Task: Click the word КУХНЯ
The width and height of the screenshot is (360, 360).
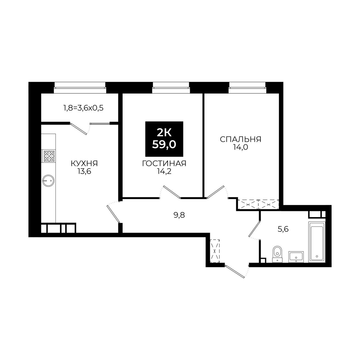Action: click(x=84, y=163)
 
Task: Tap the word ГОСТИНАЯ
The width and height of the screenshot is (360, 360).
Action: click(x=164, y=163)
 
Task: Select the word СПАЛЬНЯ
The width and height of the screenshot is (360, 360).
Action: click(x=240, y=139)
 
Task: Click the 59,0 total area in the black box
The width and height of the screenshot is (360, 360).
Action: click(x=164, y=145)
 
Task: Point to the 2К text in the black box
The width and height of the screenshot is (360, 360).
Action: click(x=164, y=133)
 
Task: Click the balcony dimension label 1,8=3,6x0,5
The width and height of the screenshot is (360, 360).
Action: click(x=84, y=108)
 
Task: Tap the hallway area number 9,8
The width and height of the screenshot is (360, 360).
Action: click(x=179, y=215)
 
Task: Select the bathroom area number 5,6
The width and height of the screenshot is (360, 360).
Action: click(x=283, y=229)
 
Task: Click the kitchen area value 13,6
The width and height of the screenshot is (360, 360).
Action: click(x=84, y=171)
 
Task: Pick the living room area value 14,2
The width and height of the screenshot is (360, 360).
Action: click(x=164, y=171)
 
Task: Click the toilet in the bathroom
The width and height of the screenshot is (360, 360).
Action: click(x=277, y=254)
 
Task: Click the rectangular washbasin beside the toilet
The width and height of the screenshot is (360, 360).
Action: click(x=296, y=257)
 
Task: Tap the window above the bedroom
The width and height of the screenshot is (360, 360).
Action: click(x=247, y=87)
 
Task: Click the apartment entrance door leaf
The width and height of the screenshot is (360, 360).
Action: click(x=235, y=272)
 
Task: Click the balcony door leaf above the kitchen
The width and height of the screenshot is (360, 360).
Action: click(x=79, y=129)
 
